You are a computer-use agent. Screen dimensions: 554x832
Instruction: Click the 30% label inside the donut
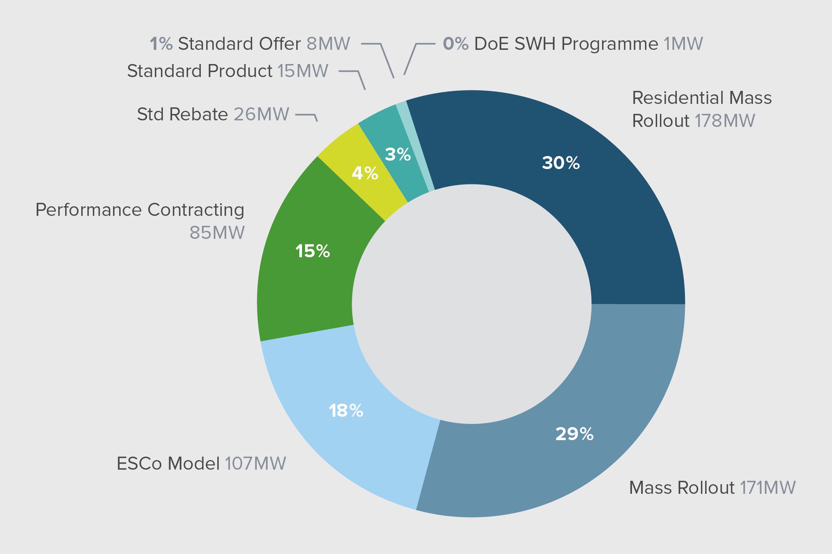tap(561, 163)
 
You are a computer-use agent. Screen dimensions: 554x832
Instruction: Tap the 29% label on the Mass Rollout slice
tap(574, 434)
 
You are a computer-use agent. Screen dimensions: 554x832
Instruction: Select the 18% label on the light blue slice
tap(346, 411)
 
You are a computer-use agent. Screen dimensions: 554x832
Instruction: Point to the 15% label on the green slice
tap(312, 251)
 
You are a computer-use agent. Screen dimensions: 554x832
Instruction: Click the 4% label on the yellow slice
tap(365, 173)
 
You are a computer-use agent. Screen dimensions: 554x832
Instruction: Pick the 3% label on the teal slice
tap(398, 155)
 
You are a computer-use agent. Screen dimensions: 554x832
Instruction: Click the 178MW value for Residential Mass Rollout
tap(725, 121)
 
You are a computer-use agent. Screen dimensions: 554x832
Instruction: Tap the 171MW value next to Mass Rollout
tap(768, 488)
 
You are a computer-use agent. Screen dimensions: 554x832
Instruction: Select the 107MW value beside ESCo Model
tap(255, 464)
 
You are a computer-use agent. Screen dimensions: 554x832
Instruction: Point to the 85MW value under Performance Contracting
tap(217, 233)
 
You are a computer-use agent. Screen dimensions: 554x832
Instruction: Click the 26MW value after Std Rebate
tap(261, 114)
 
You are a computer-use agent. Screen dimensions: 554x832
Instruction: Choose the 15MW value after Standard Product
tap(303, 71)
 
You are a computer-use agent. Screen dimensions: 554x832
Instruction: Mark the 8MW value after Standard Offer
tap(328, 44)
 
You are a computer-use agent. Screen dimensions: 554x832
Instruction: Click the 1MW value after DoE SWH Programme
tap(683, 44)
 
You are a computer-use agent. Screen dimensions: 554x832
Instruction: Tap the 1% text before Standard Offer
tap(161, 44)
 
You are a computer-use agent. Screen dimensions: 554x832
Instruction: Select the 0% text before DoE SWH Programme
tap(456, 44)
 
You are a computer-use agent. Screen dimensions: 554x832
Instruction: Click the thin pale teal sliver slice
tap(416, 146)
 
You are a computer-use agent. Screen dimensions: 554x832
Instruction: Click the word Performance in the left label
tap(89, 210)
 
